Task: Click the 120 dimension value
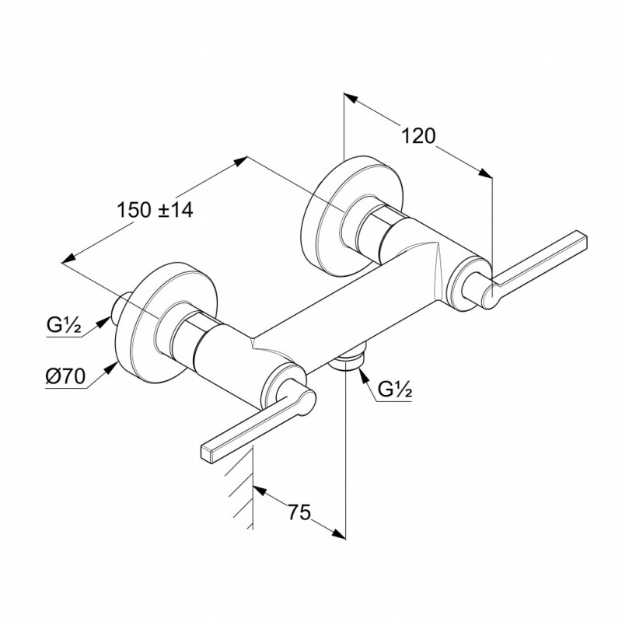click(419, 137)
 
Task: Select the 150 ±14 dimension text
click(155, 210)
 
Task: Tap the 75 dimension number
click(299, 512)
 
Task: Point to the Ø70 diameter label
click(65, 376)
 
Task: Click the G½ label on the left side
click(65, 326)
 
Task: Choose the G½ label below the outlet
click(395, 390)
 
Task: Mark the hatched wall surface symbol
click(241, 487)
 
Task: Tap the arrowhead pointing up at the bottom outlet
click(363, 376)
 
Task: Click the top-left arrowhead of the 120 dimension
click(351, 99)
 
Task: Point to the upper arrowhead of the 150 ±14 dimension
click(239, 162)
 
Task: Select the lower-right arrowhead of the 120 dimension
click(484, 173)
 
